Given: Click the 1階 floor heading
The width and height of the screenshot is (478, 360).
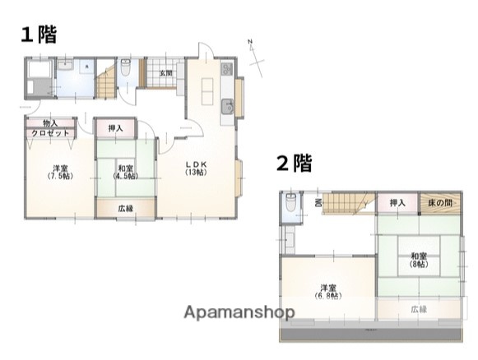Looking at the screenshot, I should [x=39, y=35].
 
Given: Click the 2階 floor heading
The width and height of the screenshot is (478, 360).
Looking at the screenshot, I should [x=294, y=163].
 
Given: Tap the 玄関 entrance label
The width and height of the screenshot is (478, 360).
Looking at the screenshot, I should [x=166, y=73].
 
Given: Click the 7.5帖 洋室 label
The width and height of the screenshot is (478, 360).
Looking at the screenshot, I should [x=58, y=172].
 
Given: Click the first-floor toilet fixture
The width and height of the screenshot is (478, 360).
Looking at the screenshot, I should [x=124, y=70].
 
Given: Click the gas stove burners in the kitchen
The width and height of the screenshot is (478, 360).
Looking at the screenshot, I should [x=228, y=69].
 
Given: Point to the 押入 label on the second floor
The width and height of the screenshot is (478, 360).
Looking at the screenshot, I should [x=397, y=203].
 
